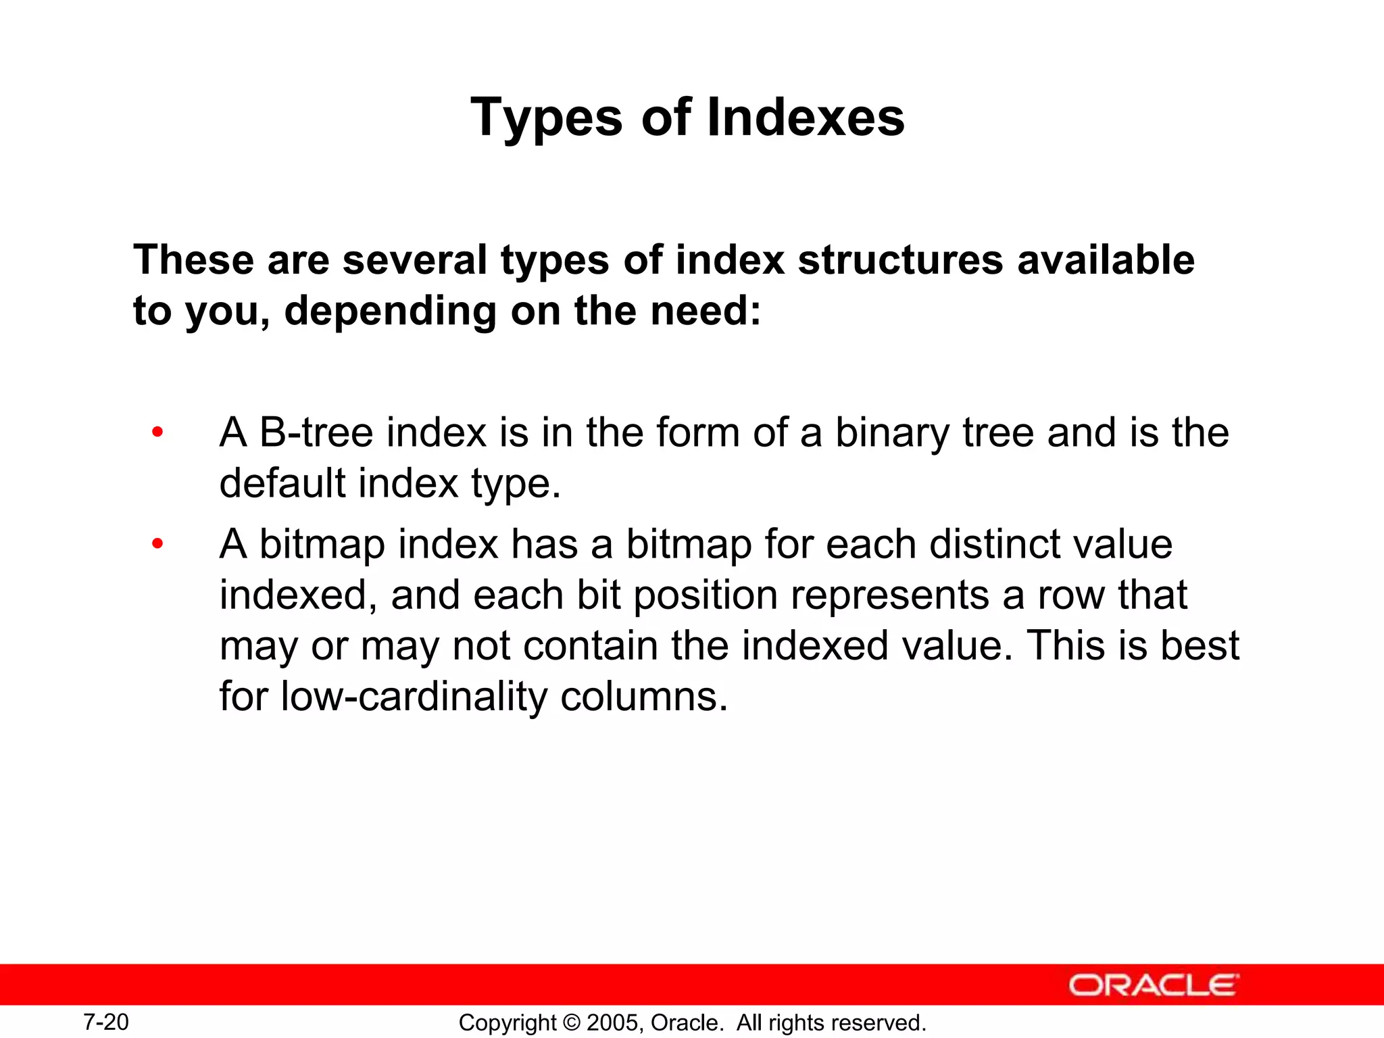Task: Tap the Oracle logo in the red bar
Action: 1154,985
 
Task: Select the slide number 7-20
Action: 106,1022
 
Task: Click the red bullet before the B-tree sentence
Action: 157,432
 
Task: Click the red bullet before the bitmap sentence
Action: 157,543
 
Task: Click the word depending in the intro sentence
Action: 390,312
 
